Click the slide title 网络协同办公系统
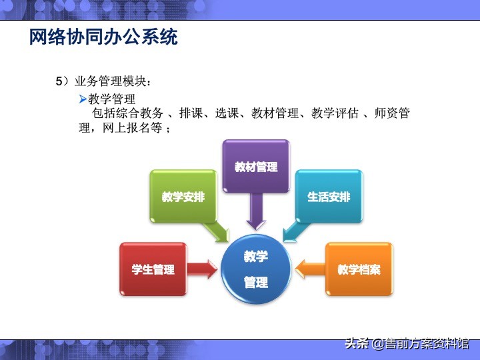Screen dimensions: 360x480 (x=103, y=37)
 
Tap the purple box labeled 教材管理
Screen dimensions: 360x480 (x=256, y=167)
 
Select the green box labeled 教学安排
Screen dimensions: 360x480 (x=183, y=197)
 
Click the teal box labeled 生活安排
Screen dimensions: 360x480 (x=329, y=197)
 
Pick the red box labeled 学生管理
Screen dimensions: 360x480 (x=153, y=269)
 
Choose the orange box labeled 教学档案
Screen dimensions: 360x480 (x=359, y=269)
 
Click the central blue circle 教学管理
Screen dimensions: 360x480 (x=256, y=269)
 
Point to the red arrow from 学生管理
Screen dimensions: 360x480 (x=202, y=269)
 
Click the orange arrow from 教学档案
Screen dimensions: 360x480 (x=309, y=269)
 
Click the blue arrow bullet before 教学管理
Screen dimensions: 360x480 (x=83, y=99)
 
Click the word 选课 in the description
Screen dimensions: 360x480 (x=227, y=114)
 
